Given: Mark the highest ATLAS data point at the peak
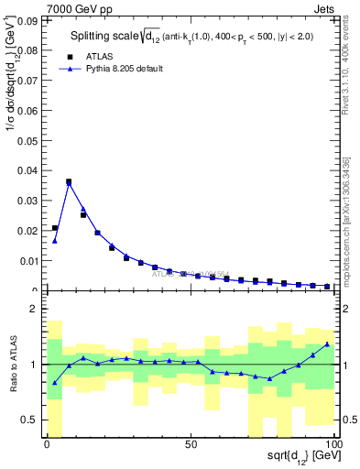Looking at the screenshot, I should tap(69, 181).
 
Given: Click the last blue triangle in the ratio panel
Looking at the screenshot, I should tap(327, 344).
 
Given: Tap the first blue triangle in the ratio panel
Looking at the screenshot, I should tap(55, 383).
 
